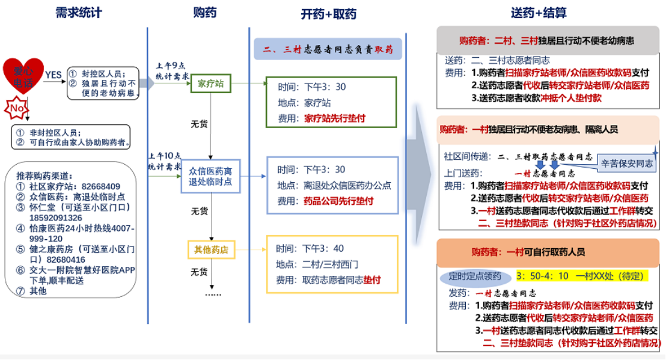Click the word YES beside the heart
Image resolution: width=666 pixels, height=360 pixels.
pos(53,75)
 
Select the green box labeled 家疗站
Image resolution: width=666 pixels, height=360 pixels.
pos(210,84)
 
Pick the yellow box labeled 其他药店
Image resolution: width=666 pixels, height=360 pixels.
pos(210,248)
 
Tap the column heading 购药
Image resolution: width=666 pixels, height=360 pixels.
pos(205,13)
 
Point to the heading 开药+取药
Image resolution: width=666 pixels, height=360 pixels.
pos(328,14)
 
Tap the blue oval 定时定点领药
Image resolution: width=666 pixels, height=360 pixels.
pos(475,276)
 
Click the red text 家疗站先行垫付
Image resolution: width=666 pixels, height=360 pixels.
pos(335,118)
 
